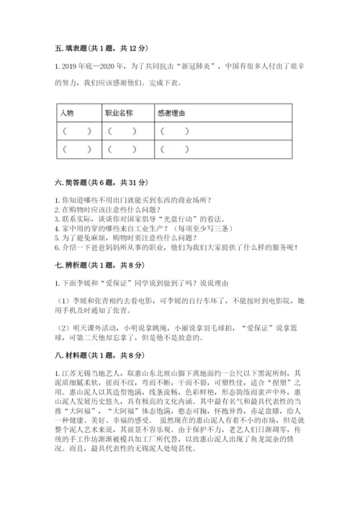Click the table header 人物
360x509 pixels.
(x=67, y=113)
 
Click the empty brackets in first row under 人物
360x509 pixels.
(x=76, y=131)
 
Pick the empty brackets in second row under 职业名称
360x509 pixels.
(x=122, y=149)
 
